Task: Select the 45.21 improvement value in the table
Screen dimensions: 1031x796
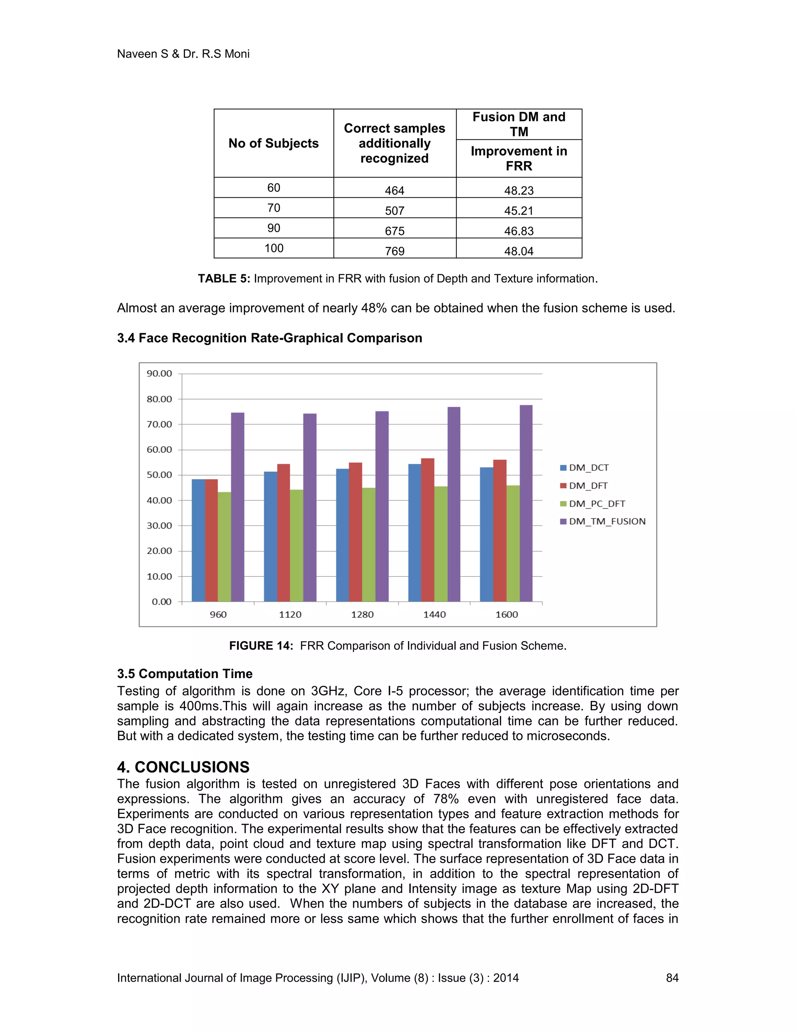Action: click(x=519, y=210)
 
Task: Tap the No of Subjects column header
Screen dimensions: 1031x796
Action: click(x=274, y=143)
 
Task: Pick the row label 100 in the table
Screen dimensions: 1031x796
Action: click(x=274, y=248)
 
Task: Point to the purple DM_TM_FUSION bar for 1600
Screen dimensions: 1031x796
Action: click(x=526, y=503)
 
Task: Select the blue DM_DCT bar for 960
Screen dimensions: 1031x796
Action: click(x=198, y=540)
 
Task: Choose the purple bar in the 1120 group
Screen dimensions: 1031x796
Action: click(x=309, y=507)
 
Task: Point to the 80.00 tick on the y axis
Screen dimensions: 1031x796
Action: click(x=159, y=399)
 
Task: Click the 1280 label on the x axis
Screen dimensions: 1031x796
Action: click(x=362, y=615)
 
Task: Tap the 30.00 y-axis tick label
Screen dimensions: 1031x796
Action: click(x=159, y=525)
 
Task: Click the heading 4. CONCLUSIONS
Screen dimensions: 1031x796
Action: click(x=183, y=767)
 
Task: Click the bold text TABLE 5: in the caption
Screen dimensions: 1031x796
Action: click(x=224, y=279)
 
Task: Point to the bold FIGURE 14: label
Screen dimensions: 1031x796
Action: click(x=261, y=646)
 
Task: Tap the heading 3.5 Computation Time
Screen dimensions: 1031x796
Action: click(x=185, y=673)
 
